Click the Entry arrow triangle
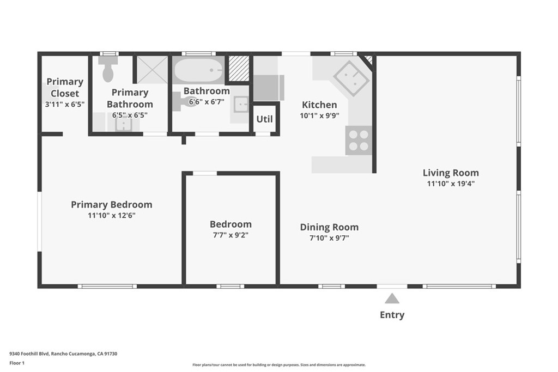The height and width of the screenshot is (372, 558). coord(392,298)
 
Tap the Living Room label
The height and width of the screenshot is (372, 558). coord(451,173)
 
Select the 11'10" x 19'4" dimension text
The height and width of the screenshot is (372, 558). coord(451,184)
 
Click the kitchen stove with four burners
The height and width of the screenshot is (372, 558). coord(359,140)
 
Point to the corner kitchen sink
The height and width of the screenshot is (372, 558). coord(351,78)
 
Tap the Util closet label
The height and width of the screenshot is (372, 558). coord(265,119)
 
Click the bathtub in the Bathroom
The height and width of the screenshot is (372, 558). coord(198,70)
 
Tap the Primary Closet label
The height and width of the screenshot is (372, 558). coord(64,87)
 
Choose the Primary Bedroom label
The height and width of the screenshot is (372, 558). coord(111,204)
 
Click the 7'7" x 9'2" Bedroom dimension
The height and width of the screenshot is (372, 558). coord(231,235)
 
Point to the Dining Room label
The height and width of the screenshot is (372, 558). coord(329,227)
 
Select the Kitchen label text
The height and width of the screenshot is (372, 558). coord(319,105)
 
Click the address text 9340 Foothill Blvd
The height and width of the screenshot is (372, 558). coord(63,353)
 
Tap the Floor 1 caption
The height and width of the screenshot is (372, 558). coord(18,362)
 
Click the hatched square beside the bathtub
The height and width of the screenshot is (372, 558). coord(238,69)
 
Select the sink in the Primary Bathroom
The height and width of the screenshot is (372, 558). coord(124,124)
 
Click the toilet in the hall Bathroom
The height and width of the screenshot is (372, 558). coord(184,101)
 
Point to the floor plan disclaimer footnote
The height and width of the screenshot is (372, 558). coord(278,365)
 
